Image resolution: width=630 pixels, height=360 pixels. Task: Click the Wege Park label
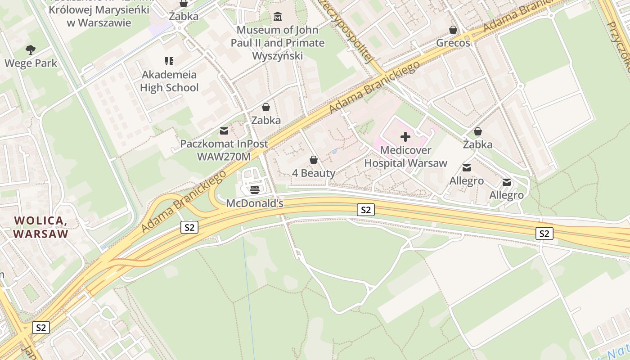coord(31,63)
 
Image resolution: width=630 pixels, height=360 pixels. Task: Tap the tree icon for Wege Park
coord(31,49)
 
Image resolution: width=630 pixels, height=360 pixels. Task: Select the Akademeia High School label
coord(169,81)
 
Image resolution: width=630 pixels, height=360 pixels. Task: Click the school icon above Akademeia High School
coord(169,61)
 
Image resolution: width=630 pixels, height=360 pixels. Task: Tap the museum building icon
coord(278,17)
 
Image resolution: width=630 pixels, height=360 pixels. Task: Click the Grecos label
coord(453,43)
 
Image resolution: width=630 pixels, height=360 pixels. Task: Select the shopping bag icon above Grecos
coord(453,30)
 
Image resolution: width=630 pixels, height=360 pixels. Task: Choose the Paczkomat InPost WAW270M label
coord(224,150)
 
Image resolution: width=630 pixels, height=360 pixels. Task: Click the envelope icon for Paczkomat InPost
coord(224,131)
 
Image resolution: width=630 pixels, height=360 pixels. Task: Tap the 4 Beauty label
coord(314,173)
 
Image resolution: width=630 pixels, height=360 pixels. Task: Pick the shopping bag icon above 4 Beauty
coord(314,160)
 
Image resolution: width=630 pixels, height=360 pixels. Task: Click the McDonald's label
coord(255,203)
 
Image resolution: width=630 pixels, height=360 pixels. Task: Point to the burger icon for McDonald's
coord(255,189)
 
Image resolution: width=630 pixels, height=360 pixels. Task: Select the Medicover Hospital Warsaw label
coord(405,157)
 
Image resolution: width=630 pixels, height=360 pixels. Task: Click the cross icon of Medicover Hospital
coord(405,137)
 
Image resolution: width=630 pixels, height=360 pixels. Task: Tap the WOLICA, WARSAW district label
coord(40,227)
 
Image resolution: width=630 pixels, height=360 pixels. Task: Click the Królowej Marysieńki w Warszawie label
coord(99,16)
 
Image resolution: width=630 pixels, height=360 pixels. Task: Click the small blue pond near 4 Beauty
coord(334,152)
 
